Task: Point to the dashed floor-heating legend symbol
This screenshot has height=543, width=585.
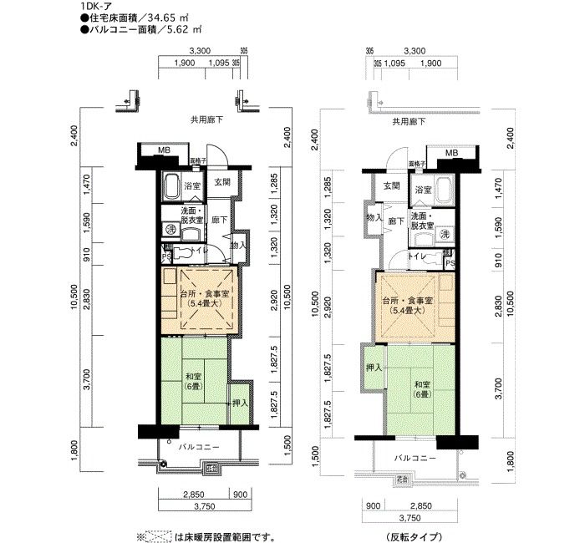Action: pos(160,535)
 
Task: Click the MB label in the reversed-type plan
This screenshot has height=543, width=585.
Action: pos(451,153)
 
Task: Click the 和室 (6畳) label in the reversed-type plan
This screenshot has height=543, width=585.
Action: pos(421,389)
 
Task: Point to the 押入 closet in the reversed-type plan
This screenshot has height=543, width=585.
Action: pos(374,368)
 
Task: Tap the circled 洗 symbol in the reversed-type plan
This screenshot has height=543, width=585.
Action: pos(445,235)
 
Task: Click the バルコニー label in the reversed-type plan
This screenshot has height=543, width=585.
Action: pos(415,458)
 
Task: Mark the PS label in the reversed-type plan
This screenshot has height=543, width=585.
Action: pos(450,263)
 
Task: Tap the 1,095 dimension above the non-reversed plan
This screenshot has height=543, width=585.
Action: pos(218,63)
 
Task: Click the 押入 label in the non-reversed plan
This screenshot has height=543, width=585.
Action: pos(237,403)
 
